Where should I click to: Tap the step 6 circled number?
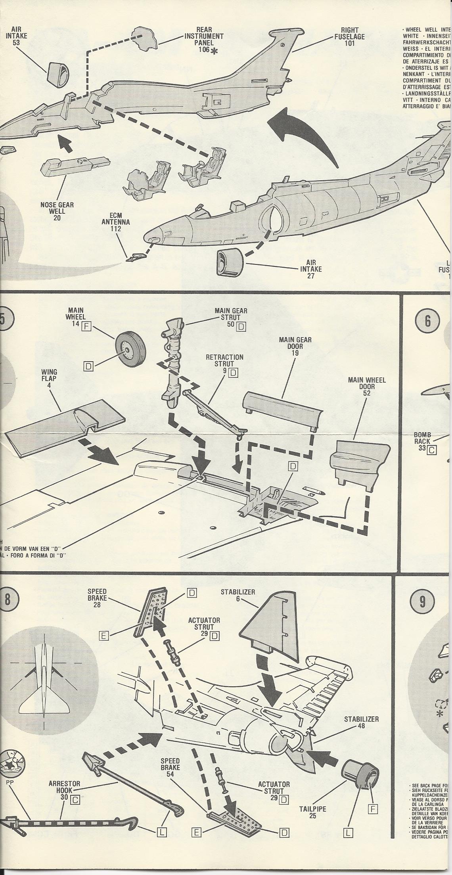point(427,320)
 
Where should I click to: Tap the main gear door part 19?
point(283,409)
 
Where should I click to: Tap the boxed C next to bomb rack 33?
point(431,450)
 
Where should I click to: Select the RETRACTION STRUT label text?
point(224,360)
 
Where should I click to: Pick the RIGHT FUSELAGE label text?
point(349,36)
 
